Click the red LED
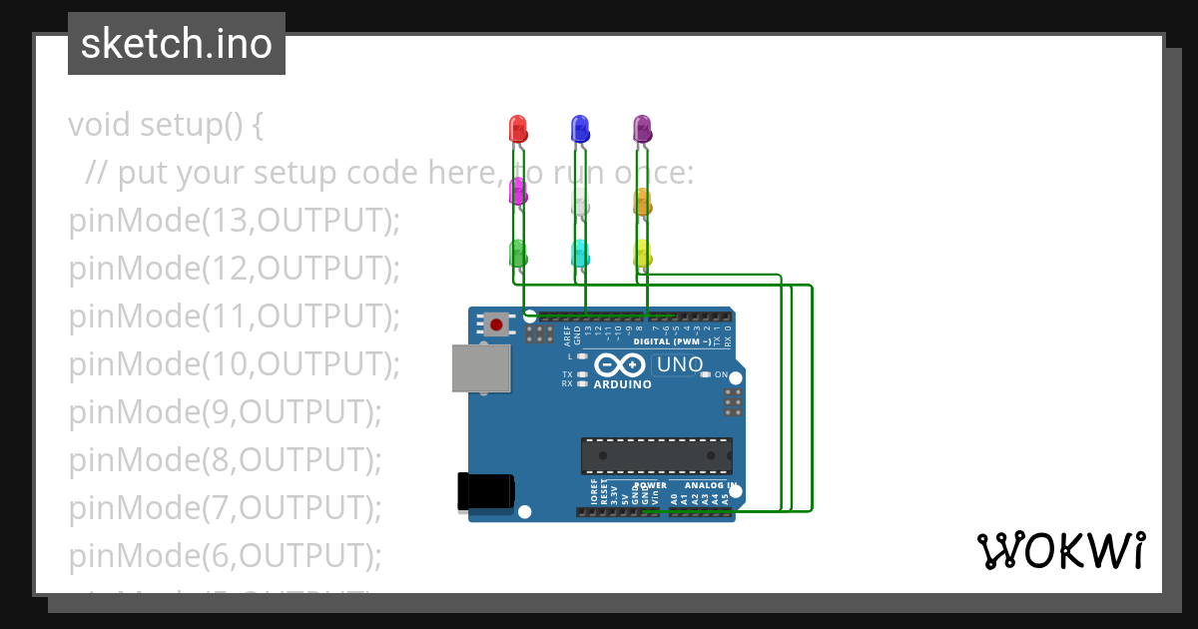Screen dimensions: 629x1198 pos(517,129)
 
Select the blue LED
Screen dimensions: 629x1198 pos(579,129)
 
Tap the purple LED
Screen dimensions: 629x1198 pos(642,129)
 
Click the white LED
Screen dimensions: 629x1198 pos(579,203)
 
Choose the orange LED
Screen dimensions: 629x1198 pos(642,203)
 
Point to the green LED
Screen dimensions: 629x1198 pos(517,253)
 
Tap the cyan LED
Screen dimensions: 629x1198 pos(579,253)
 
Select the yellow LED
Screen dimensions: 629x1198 pos(642,253)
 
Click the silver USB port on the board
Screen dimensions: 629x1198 pos(480,368)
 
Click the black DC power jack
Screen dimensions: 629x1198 pos(485,491)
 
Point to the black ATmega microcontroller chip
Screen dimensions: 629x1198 pos(657,455)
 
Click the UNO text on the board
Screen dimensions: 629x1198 pos(680,365)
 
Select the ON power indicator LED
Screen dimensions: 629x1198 pos(706,374)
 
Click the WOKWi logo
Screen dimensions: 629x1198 pos(1059,551)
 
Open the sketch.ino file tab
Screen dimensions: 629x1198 pos(177,44)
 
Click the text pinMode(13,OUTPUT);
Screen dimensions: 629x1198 pos(234,221)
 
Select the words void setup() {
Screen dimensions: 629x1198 pos(166,126)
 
